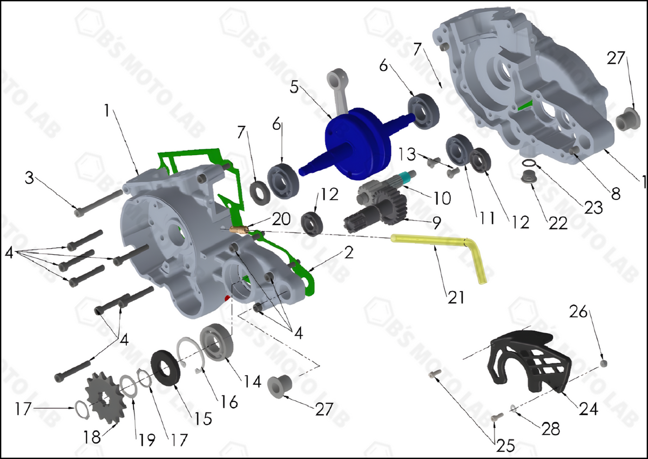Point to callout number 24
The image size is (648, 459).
point(589,409)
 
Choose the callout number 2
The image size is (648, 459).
point(349,253)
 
